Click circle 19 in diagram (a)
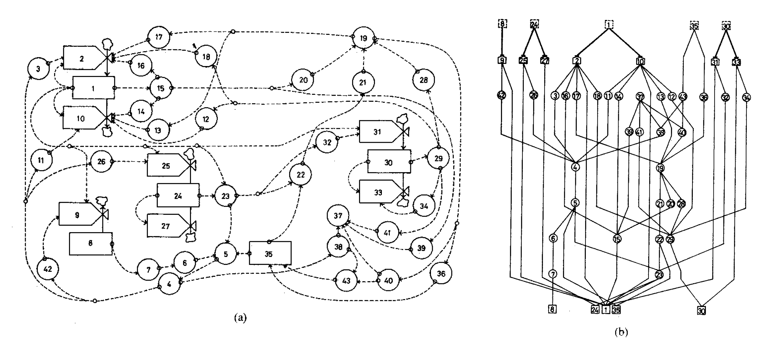[363, 38]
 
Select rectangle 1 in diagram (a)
[93, 88]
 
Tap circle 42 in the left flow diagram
[48, 269]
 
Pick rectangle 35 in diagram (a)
[270, 253]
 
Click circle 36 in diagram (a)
[441, 274]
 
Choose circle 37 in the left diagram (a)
[338, 215]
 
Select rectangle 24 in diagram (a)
[178, 195]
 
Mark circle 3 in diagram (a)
[38, 69]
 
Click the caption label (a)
[240, 318]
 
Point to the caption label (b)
[621, 332]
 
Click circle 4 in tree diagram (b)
[575, 167]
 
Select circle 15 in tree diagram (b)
[617, 239]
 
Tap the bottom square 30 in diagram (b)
[701, 311]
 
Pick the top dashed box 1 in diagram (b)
[609, 25]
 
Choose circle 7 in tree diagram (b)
[553, 274]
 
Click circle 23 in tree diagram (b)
[659, 275]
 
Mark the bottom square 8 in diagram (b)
[552, 309]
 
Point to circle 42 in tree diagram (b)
[502, 95]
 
